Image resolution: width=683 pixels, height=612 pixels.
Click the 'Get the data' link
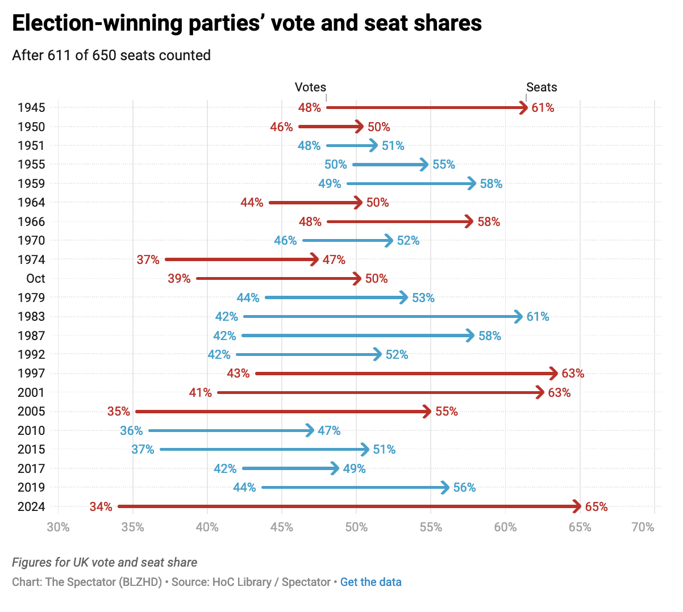(370, 582)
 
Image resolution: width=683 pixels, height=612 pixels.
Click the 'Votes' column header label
(310, 87)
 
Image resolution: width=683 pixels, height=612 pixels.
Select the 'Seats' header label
(542, 87)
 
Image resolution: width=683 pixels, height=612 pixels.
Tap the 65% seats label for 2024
(596, 506)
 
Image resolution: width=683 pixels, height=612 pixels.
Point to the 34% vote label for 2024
(101, 506)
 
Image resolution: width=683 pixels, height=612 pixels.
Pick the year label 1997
(31, 374)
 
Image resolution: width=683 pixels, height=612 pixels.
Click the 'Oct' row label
(35, 279)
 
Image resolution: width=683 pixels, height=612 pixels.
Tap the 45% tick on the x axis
(282, 527)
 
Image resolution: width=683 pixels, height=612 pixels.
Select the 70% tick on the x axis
(643, 527)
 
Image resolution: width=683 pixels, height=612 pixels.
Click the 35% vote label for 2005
(119, 412)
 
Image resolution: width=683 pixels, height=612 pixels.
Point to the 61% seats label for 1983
(538, 317)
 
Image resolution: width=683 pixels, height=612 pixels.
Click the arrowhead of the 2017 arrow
(335, 468)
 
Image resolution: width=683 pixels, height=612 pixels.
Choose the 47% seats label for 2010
(329, 430)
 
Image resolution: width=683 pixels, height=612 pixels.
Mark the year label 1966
(31, 221)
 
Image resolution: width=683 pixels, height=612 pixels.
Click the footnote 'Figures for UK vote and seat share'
(105, 563)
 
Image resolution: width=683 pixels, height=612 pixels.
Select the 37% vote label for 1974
(148, 259)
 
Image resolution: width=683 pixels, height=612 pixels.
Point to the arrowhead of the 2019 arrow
(445, 488)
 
